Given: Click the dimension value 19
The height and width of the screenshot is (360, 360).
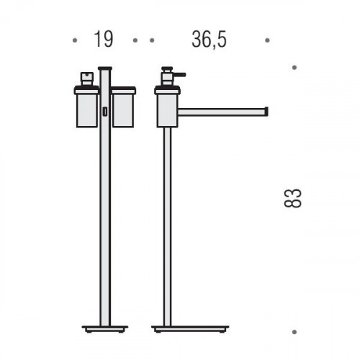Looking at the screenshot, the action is point(104,40).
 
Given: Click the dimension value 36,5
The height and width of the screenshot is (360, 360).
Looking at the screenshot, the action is point(209,40).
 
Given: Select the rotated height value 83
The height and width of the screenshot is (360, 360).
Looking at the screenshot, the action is point(292,198).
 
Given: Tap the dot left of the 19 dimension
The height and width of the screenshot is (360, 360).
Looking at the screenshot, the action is point(75,40).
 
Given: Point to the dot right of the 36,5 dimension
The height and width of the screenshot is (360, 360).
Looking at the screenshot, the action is point(268,40).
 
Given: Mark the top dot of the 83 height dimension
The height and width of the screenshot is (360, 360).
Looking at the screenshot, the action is point(294,68).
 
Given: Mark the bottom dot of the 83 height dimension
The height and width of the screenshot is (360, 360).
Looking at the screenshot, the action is point(294,332).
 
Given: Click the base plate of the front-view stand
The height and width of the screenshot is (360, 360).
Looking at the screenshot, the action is point(105,328).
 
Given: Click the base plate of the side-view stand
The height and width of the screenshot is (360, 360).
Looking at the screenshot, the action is point(190,328).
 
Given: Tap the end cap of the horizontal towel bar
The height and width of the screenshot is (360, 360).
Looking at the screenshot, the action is point(266,112).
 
